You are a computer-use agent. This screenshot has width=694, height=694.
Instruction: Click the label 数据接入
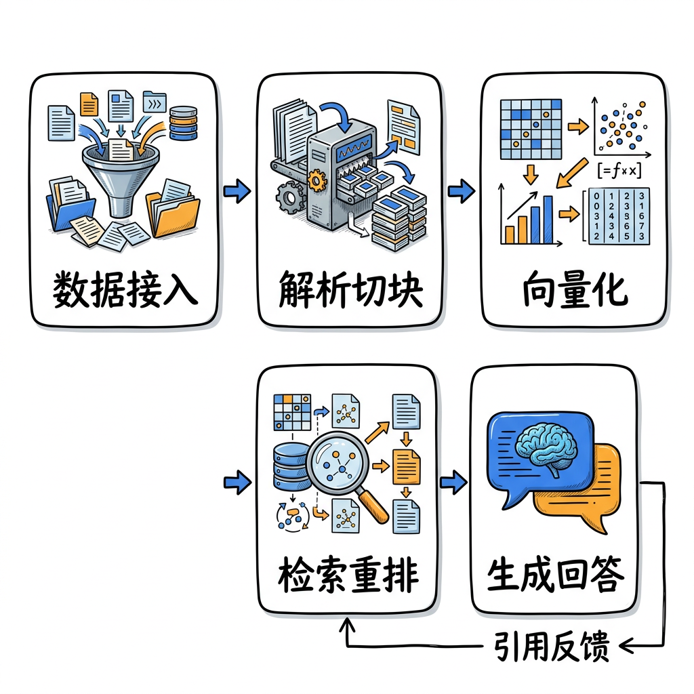tap(125, 290)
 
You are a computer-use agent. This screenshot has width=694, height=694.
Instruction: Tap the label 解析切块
tap(350, 290)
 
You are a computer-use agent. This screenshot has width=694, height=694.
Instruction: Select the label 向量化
tap(575, 290)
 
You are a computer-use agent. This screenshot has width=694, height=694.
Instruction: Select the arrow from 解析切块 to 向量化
tap(462, 192)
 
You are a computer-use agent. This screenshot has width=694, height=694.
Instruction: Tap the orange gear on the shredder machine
tap(315, 181)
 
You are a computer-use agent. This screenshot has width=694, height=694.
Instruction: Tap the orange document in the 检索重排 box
tap(407, 466)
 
